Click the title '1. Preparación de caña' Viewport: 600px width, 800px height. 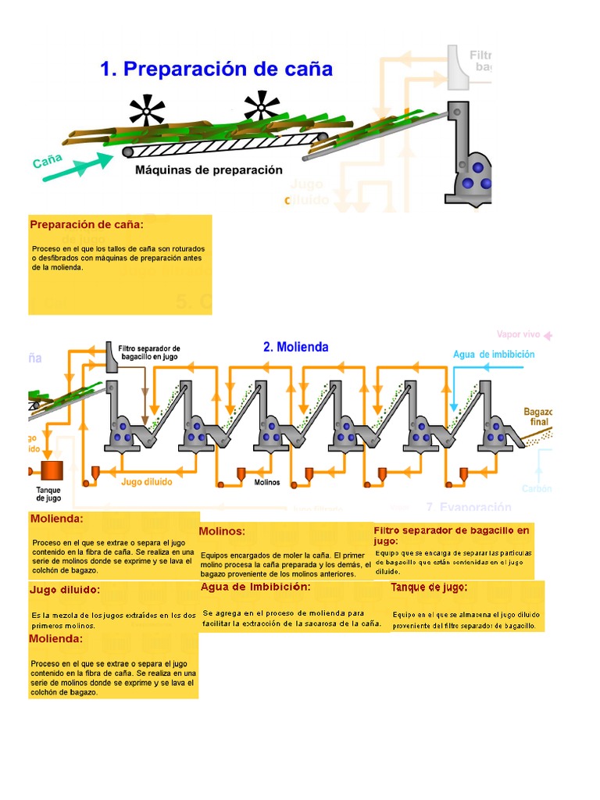pos(216,70)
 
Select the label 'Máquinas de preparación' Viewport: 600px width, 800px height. pos(209,170)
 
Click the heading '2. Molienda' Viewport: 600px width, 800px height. pos(295,347)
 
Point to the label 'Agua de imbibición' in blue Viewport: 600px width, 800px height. pos(494,355)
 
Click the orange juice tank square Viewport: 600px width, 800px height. pos(52,470)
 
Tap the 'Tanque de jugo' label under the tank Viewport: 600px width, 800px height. pos(48,495)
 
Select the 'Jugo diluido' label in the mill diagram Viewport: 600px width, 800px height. pos(147,482)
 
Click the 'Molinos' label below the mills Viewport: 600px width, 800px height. pos(268,483)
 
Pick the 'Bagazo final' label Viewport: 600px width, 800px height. pos(537,416)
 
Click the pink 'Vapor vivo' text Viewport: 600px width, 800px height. pos(520,334)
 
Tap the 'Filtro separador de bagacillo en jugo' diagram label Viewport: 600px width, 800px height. pos(149,353)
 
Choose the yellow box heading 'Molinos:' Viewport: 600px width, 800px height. pos(222,531)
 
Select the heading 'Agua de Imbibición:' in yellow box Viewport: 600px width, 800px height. pos(255,587)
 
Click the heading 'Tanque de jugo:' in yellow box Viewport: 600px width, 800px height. pos(430,587)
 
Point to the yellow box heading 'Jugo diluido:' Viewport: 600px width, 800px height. pos(65,590)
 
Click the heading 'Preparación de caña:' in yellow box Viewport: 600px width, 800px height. pos(87,225)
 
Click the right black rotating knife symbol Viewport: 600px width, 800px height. pos(262,105)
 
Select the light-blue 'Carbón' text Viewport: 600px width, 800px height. pos(537,489)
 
